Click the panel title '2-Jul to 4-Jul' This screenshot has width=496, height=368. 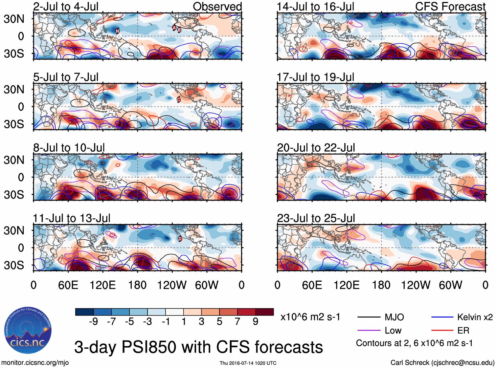(x=66, y=7)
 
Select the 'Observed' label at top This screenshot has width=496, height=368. (x=217, y=7)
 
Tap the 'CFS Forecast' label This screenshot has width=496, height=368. (x=450, y=7)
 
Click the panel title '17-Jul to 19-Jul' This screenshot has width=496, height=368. (x=315, y=77)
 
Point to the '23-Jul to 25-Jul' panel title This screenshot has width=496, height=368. (x=316, y=218)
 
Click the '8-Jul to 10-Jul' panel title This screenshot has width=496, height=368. (x=69, y=148)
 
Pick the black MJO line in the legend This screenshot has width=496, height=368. (x=369, y=317)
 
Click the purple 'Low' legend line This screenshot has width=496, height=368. (x=369, y=330)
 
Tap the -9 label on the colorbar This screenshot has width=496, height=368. (x=93, y=322)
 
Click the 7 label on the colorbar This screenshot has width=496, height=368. (x=237, y=322)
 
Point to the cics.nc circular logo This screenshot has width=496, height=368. (x=28, y=331)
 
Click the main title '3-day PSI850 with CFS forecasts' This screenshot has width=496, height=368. (x=198, y=347)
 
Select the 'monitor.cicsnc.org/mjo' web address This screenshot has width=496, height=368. (x=35, y=363)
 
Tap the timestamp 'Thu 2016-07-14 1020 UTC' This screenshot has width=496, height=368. (x=248, y=363)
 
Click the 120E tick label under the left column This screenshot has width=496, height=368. (x=103, y=285)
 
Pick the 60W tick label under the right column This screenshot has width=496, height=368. (x=450, y=285)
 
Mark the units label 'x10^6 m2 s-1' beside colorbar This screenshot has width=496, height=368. (x=310, y=317)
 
